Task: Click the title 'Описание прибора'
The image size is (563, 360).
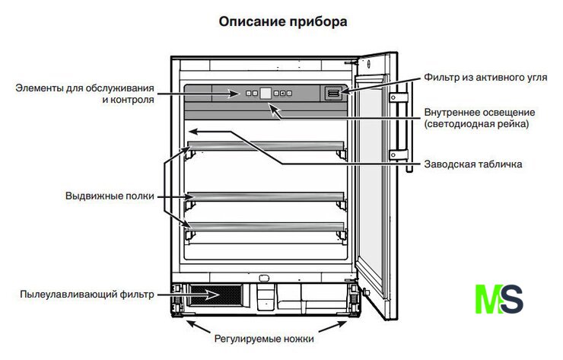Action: [283, 22]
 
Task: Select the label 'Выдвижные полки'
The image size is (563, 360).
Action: [110, 196]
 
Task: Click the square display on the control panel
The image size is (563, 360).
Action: [266, 93]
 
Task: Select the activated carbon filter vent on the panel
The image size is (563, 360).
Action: [334, 93]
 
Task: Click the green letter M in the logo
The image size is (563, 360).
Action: [487, 298]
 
